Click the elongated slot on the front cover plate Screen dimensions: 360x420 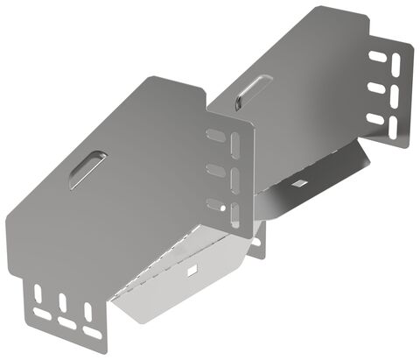pos(88,168)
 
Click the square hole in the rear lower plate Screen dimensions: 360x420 pos(299,183)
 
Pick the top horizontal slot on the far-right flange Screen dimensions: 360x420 pos(379,56)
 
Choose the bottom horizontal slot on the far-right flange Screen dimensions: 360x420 pos(374,117)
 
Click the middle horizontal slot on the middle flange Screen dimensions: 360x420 pos(213,170)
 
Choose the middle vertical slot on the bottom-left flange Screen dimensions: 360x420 pos(63,303)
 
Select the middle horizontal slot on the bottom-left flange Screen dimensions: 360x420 pos(67,323)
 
